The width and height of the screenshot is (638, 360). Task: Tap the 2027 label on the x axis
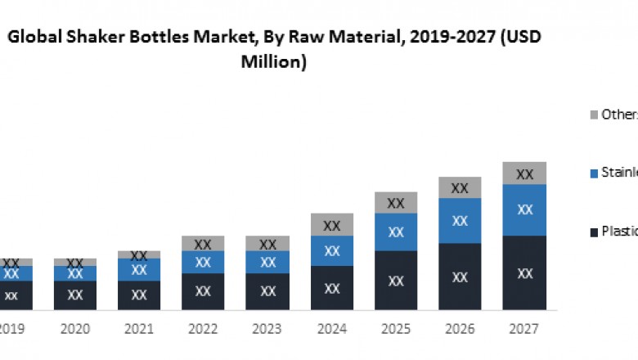pos(523,329)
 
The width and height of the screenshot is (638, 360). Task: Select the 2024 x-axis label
pos(331,329)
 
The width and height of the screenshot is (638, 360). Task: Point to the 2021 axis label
pos(139,329)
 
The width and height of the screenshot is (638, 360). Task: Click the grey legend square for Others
pos(593,115)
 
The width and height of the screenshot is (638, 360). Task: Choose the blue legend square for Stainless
pos(593,173)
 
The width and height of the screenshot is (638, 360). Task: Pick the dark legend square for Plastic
pos(593,231)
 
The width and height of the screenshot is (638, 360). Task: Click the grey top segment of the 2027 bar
pos(524,173)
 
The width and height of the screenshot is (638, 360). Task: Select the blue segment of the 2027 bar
pos(524,209)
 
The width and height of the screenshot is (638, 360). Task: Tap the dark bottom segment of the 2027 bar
pos(524,272)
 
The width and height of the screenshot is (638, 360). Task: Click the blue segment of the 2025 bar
pos(396,232)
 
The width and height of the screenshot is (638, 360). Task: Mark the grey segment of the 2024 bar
pos(331,224)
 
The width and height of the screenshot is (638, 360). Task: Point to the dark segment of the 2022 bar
pos(203,291)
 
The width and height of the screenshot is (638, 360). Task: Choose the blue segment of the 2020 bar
pos(74,273)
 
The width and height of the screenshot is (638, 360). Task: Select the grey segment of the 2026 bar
pos(460,187)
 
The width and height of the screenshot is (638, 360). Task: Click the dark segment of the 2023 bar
pos(267,291)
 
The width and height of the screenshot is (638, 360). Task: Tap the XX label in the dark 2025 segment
pos(396,281)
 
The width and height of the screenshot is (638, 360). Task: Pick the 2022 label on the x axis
pos(203,329)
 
